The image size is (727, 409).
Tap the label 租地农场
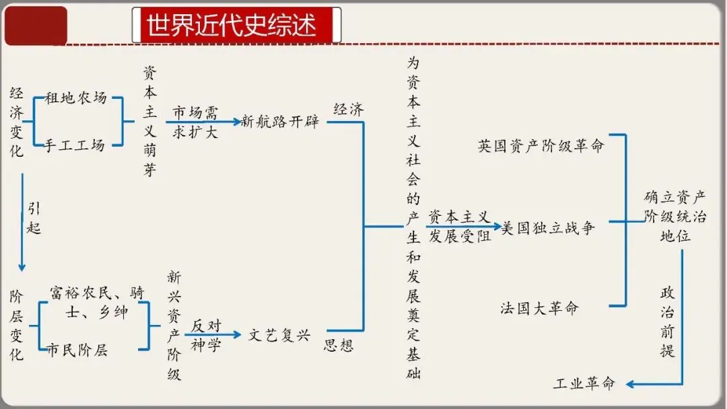click(x=75, y=98)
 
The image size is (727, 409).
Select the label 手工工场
click(x=75, y=145)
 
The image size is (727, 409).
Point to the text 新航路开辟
click(x=280, y=122)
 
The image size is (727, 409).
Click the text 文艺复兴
click(x=279, y=334)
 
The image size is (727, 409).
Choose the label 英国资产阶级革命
click(x=541, y=146)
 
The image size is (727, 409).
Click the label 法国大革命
click(x=539, y=309)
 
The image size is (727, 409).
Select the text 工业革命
click(x=584, y=384)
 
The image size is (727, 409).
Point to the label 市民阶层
click(x=77, y=350)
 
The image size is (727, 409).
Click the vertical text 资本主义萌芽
click(x=149, y=122)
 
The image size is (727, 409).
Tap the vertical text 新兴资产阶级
click(x=174, y=326)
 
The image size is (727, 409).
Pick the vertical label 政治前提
click(x=667, y=321)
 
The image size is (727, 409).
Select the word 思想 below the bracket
click(x=339, y=346)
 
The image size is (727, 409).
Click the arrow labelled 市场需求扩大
click(x=202, y=122)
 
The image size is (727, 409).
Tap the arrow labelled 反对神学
click(x=213, y=334)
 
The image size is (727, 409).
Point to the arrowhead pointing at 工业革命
click(x=630, y=384)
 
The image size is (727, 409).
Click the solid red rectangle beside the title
click(x=36, y=26)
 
